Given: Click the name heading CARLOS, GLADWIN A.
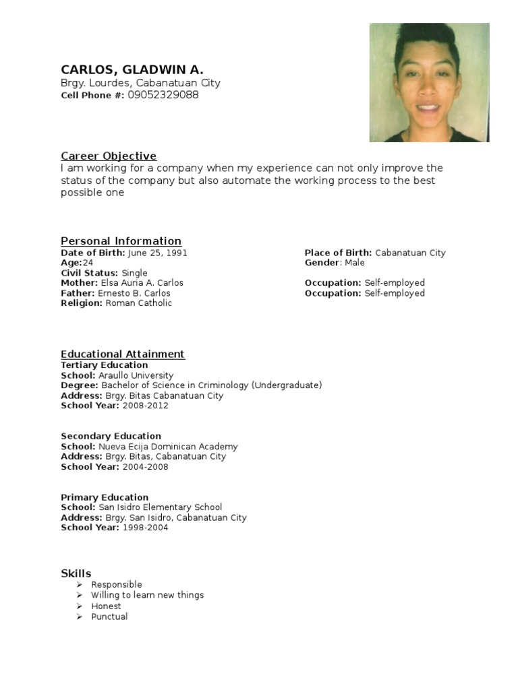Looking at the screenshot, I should point(132,69).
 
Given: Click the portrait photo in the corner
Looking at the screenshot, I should point(429,82).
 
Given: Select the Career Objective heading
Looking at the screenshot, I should point(109,156).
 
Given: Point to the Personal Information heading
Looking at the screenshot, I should point(121,241).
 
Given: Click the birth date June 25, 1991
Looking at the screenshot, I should point(157,253).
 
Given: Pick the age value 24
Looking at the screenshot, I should point(88,263).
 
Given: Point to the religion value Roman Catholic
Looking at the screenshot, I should point(139,303).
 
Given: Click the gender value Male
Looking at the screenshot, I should point(355,263).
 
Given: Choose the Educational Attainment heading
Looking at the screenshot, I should point(122,354).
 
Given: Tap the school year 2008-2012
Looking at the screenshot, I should point(145,406).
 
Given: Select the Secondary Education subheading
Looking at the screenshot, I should point(111,436).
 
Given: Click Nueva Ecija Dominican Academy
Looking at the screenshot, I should point(168,446).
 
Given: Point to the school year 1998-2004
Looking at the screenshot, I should point(145,528).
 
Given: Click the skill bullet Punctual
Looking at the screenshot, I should point(109,617).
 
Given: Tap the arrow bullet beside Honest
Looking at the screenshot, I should point(79,606).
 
